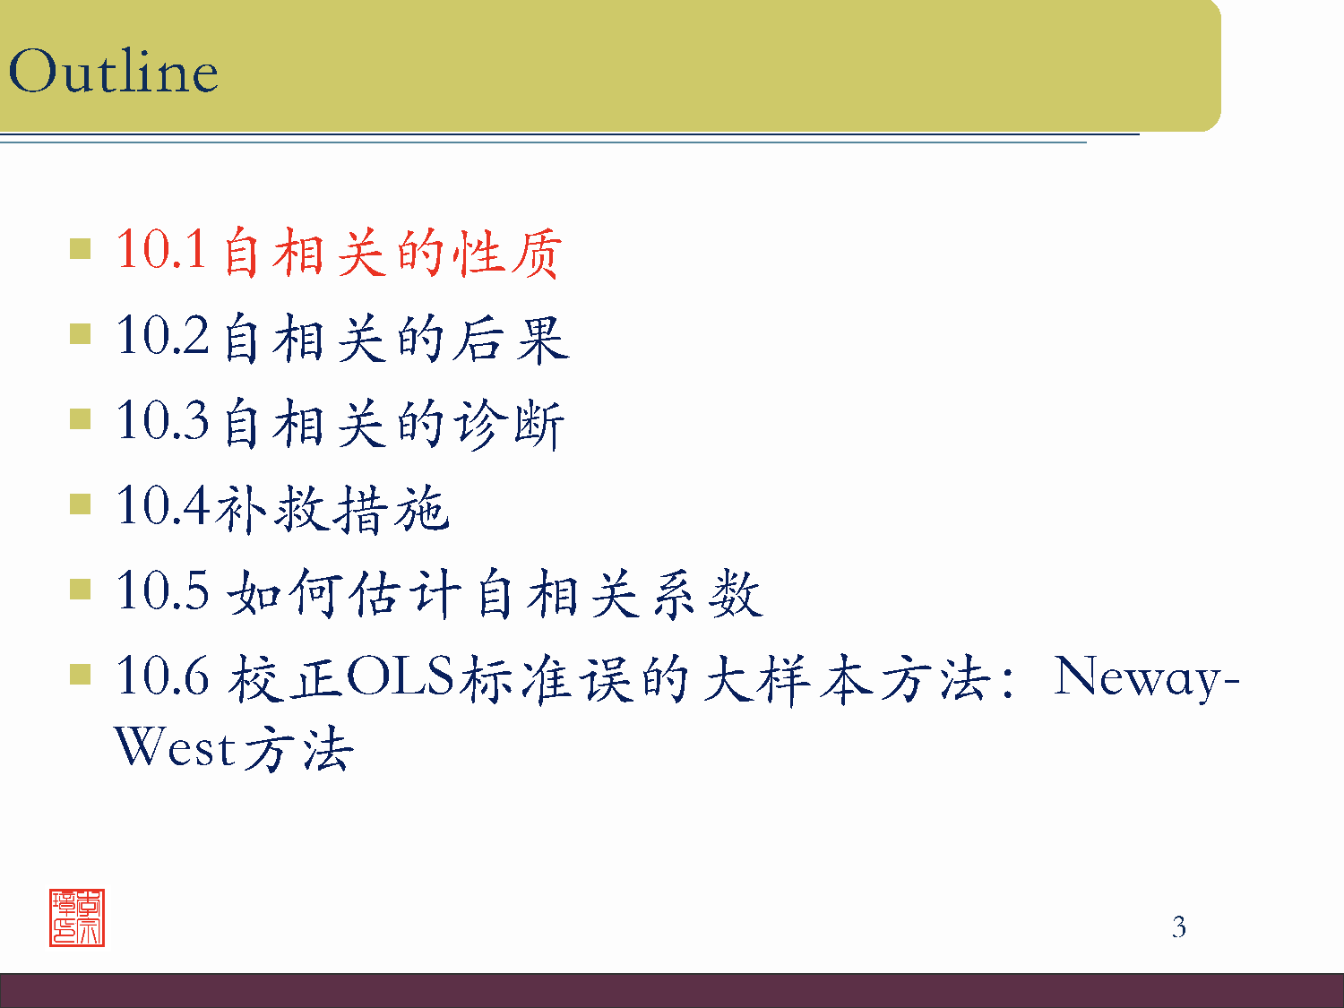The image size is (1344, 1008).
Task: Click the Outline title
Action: click(x=113, y=72)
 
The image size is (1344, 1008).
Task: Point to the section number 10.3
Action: click(x=162, y=420)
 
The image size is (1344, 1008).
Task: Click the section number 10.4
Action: click(x=162, y=505)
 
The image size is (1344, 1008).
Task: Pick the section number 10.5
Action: click(x=162, y=591)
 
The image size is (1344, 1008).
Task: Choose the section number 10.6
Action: click(x=162, y=676)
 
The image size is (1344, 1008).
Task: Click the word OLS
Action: click(x=401, y=676)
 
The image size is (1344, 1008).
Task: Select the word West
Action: click(x=176, y=747)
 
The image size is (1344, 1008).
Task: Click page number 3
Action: click(x=1179, y=927)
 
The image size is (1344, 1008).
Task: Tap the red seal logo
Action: click(x=77, y=918)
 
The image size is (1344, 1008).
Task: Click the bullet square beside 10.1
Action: click(x=81, y=248)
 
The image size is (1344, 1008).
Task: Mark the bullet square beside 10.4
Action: click(x=81, y=504)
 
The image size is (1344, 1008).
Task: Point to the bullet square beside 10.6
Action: click(x=81, y=675)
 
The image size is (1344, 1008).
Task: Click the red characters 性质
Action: click(x=507, y=253)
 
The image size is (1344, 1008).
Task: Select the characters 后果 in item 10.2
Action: click(x=510, y=339)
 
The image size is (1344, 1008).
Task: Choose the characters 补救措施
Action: click(x=332, y=509)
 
